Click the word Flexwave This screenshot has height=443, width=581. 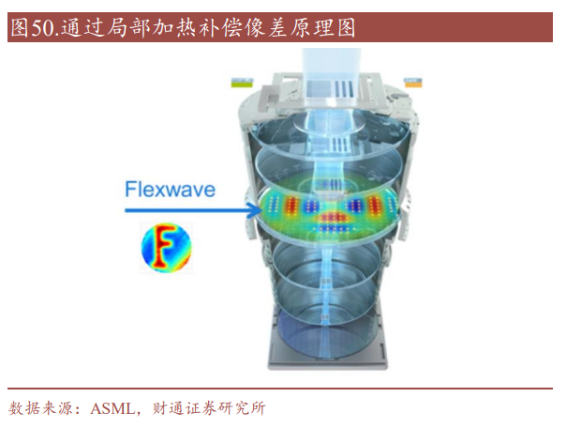tap(170, 190)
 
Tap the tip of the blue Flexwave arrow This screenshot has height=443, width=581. tap(261, 211)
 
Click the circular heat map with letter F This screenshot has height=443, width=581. tap(167, 248)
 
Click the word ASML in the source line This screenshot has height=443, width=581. tap(112, 409)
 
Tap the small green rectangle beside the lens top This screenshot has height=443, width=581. tap(242, 83)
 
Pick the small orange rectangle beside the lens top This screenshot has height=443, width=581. tap(412, 83)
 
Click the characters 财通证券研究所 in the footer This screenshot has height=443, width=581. tap(209, 408)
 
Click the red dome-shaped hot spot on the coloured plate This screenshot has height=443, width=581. tap(333, 217)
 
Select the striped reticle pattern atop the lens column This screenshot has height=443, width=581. tap(342, 89)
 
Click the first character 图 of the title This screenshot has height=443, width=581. tap(20, 28)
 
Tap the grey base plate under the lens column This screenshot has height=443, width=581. tap(328, 361)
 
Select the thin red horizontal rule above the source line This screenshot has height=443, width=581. tap(280, 389)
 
